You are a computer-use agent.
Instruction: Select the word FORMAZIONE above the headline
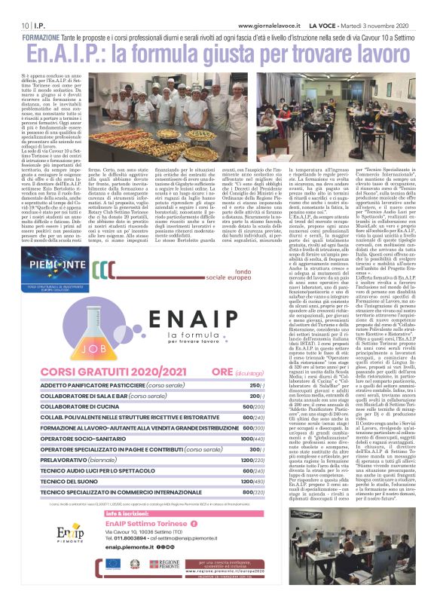click(47, 37)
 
